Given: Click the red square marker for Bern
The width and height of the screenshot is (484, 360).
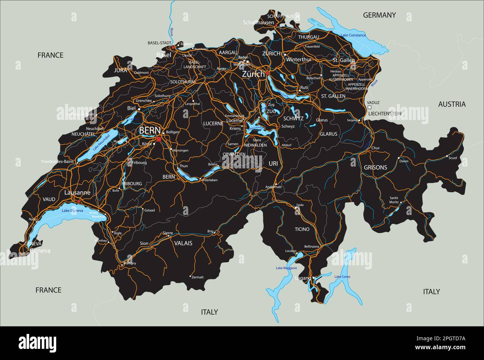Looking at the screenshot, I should (x=159, y=139).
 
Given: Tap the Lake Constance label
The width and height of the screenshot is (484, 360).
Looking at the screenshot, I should (x=353, y=35).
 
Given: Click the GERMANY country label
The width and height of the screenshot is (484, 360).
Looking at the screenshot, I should (x=379, y=15).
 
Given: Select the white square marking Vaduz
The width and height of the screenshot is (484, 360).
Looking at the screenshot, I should (x=369, y=107).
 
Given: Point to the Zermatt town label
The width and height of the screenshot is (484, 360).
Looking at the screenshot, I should (x=198, y=277).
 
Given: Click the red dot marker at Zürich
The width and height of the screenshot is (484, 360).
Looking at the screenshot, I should (x=268, y=73).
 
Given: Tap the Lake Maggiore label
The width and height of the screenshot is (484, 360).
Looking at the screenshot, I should (x=286, y=268).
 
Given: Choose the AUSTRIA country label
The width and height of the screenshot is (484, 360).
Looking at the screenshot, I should (x=452, y=104).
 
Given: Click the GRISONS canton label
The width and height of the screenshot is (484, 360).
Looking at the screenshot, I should (x=375, y=167).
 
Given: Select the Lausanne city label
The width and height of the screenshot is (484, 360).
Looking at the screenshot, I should (x=77, y=193).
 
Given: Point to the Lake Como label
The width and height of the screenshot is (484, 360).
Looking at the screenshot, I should (x=342, y=277).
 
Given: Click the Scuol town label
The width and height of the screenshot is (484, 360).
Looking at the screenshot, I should (x=453, y=158).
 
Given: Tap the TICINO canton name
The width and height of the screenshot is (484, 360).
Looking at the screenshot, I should (x=302, y=229).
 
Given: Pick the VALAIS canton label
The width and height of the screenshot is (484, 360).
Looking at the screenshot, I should (x=183, y=243).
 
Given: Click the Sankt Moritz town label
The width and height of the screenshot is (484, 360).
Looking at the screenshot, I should (x=394, y=200).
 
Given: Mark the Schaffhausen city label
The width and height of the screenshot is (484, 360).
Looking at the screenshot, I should (x=258, y=22).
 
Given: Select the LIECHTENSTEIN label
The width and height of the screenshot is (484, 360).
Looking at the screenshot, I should (x=385, y=113).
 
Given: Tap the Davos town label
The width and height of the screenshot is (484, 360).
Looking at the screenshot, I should (x=404, y=161).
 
